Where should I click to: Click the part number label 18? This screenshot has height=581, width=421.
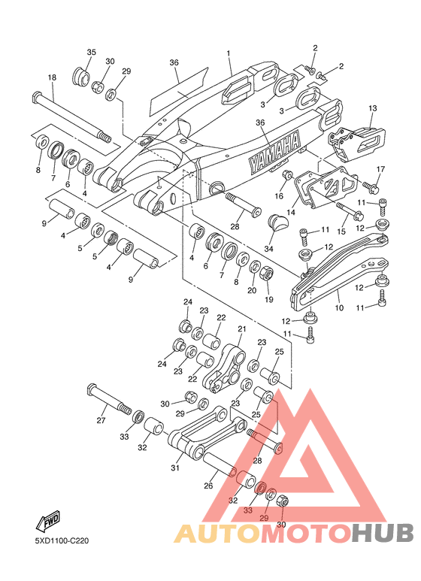coord(52,77)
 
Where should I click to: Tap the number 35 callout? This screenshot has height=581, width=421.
coord(91,52)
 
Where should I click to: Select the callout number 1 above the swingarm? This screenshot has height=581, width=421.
coord(229,53)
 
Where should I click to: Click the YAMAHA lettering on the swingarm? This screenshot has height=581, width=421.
coord(274,153)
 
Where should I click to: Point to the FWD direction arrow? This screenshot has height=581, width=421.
coord(47,522)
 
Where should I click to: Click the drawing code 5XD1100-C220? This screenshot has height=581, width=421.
coord(62,541)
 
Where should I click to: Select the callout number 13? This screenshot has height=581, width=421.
coord(372,108)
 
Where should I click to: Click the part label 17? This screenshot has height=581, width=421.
coord(380,169)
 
